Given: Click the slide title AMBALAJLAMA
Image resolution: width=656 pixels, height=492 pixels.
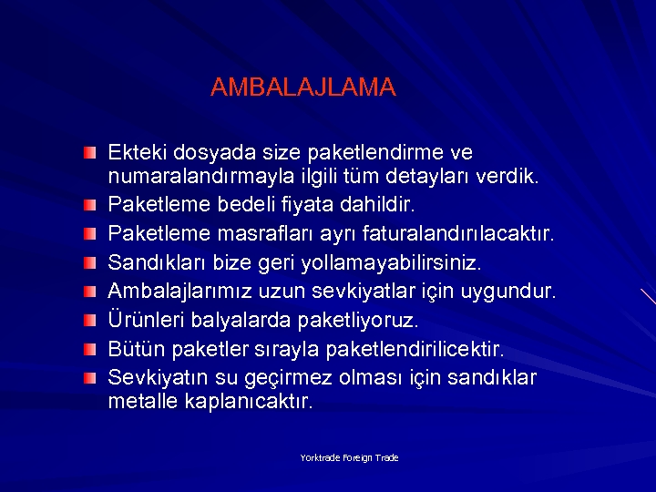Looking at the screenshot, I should click(302, 87).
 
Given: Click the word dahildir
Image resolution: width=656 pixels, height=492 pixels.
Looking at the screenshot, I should click(383, 203).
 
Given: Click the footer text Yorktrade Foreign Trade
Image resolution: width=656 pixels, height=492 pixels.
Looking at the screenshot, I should click(349, 458).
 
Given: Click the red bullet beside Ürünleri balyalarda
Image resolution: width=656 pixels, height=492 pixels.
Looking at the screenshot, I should click(87, 321).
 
